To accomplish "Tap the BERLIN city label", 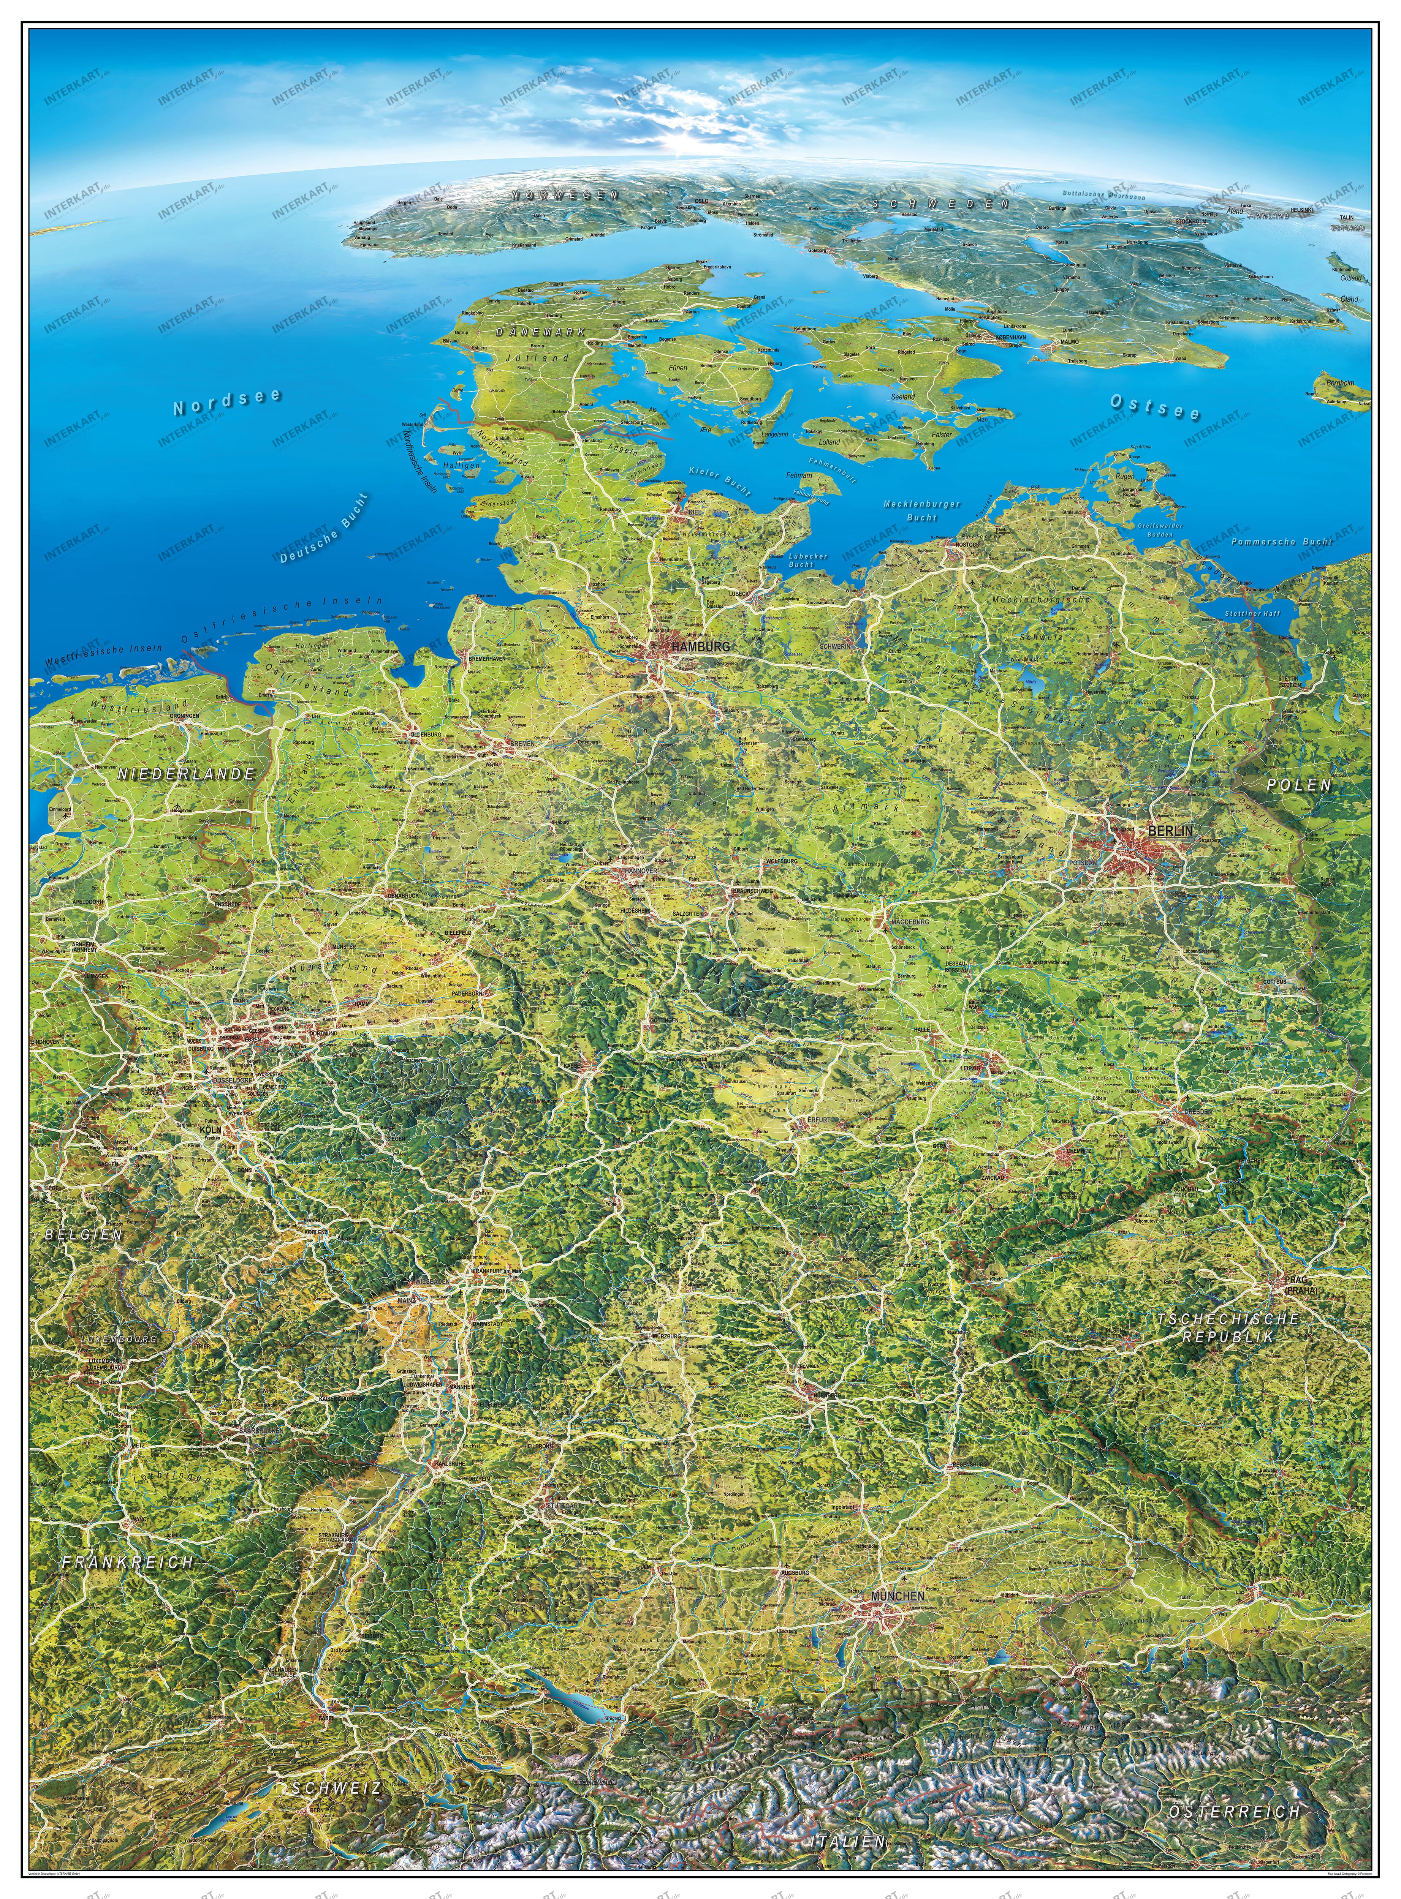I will (x=1170, y=831).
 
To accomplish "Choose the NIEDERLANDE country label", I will (x=187, y=774).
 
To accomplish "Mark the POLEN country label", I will (x=1298, y=785).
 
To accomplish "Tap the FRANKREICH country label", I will (x=127, y=1562).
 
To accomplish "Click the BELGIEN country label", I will (x=83, y=1234).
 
